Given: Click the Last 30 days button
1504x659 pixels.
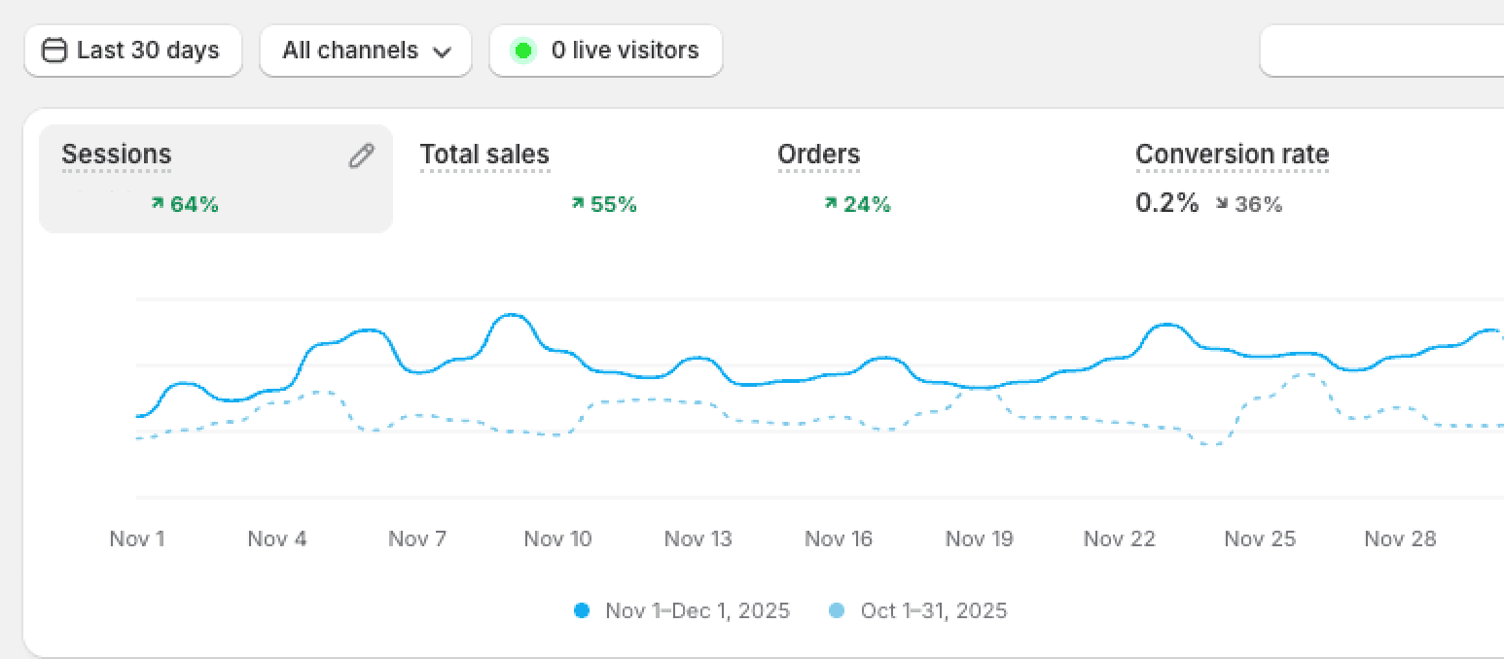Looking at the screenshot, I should pos(133,51).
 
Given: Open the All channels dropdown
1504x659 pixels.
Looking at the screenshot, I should pos(366,51).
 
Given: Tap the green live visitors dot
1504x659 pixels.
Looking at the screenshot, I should pos(523,51).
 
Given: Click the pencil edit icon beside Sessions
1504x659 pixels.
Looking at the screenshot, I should pos(361,156).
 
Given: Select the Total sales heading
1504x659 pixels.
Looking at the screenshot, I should pos(484,155).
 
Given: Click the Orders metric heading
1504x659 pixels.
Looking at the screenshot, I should pos(819,155).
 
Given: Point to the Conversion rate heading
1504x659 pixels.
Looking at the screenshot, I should pos(1232,155).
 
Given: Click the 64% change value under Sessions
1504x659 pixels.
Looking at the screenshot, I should pos(194,204).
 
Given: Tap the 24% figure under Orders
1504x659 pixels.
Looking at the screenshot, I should pos(866,204).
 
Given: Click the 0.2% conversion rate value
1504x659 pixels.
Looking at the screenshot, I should pos(1167,203).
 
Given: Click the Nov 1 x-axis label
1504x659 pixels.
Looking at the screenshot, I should pos(137,538).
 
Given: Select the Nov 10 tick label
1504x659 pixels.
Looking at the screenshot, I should pos(557,538).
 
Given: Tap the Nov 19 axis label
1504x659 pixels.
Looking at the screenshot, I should pos(979,538).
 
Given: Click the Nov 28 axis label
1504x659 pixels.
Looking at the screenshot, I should pos(1400,538).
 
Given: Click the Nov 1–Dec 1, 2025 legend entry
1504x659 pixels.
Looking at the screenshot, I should pos(697,611).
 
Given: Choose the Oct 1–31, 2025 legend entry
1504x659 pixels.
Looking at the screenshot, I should pos(933,611).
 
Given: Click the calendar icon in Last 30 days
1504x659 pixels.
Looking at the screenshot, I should pos(55,51).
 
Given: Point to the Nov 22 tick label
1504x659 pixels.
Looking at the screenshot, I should pos(1119,538).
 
